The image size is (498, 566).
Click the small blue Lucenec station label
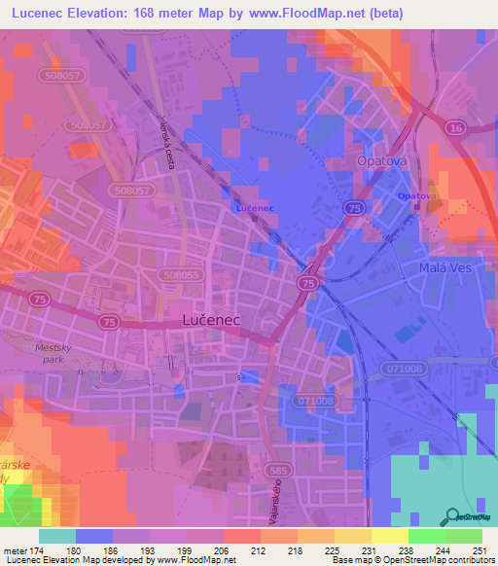(255, 208)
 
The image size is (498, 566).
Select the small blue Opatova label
(417, 196)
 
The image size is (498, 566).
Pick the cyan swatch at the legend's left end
(57, 536)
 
